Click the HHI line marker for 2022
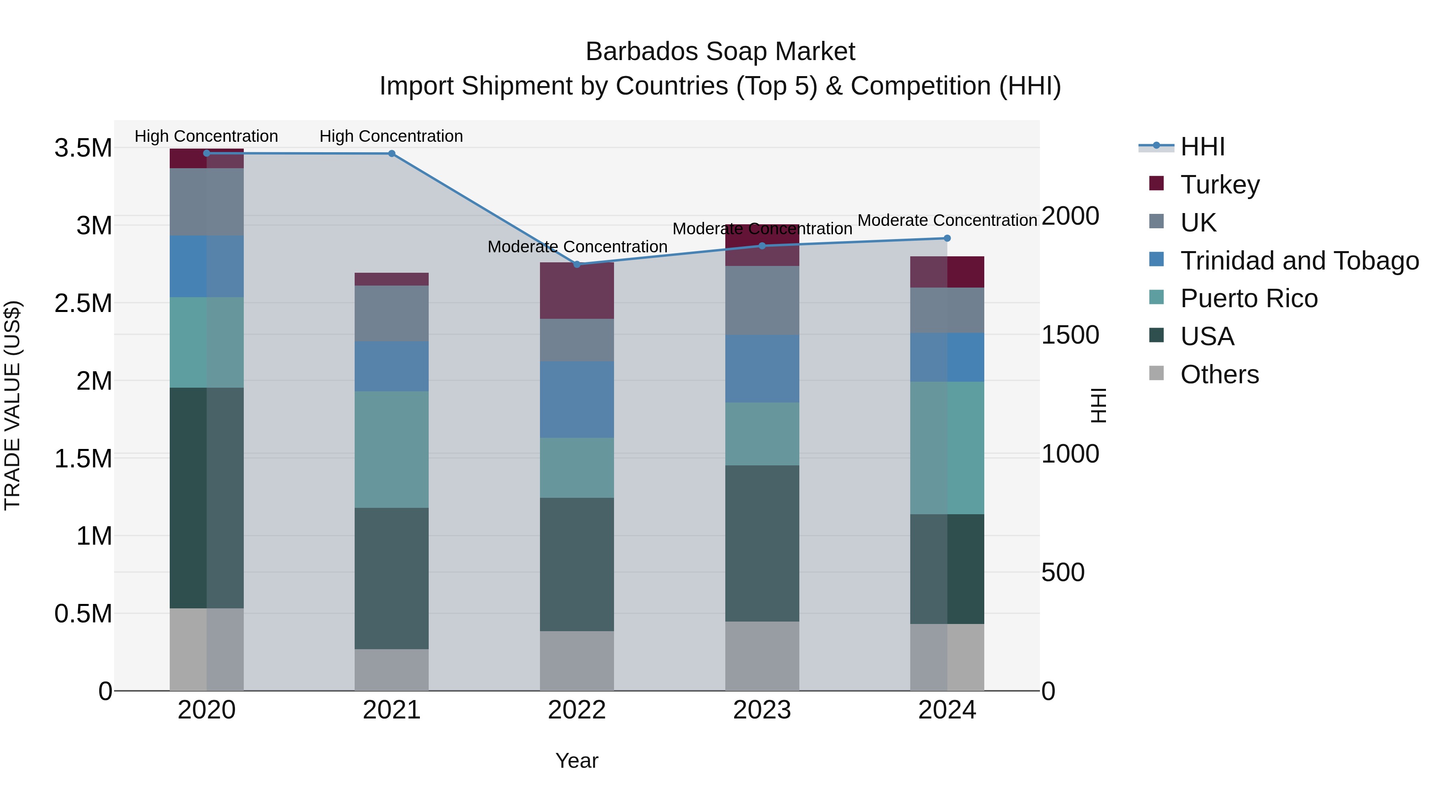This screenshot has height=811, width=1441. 577,264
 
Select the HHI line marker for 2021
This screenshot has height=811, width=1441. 391,154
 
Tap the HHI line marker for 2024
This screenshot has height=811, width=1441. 947,238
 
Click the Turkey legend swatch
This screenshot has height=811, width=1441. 1156,183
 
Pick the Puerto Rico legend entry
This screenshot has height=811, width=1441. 1248,298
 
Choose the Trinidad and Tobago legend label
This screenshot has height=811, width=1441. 1299,261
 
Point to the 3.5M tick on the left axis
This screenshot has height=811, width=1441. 83,148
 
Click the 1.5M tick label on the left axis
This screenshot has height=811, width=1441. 83,459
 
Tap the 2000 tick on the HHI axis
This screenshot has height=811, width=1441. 1070,216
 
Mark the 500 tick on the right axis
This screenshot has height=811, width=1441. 1063,573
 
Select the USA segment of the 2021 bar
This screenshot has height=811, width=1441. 391,578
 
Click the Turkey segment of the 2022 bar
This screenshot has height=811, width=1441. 577,290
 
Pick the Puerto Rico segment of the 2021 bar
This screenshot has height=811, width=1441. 391,449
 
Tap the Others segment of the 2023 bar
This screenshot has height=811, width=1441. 762,656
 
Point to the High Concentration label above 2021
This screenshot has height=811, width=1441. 391,137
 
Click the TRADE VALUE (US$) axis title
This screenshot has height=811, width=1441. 12,405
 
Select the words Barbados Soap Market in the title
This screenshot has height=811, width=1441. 720,52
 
